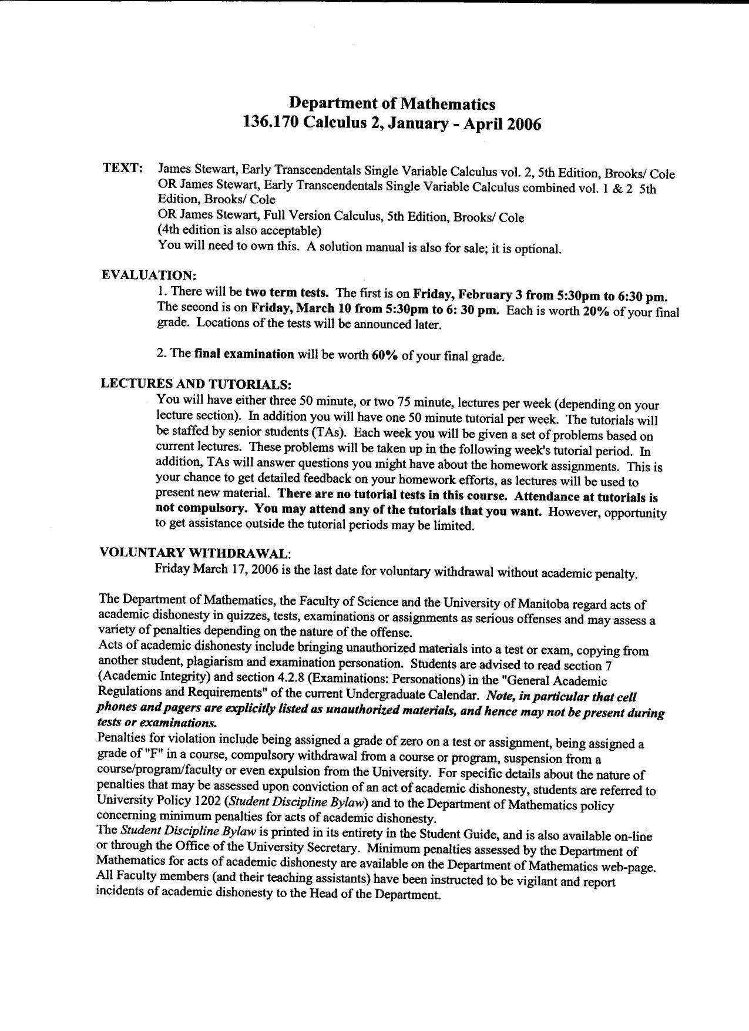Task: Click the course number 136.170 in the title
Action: point(270,125)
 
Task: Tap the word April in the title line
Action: point(484,125)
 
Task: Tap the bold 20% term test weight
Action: point(596,311)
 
